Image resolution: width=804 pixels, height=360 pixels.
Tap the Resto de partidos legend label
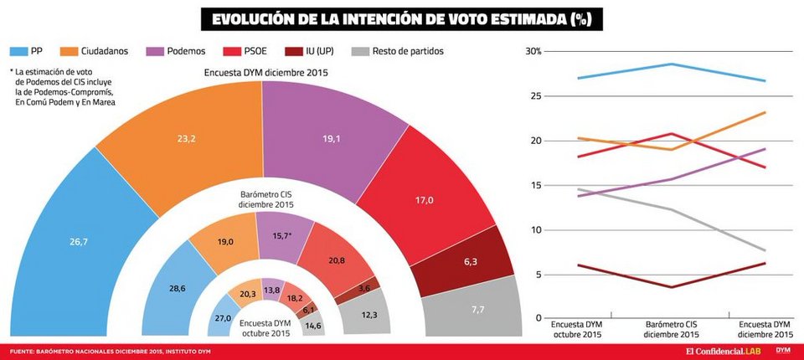coord(410,51)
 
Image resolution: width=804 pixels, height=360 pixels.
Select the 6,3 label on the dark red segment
coord(469,262)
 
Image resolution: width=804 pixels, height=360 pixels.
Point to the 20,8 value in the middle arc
coord(335,260)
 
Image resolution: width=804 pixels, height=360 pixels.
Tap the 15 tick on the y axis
coord(534,185)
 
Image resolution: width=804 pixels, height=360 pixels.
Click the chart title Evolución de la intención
coord(401,18)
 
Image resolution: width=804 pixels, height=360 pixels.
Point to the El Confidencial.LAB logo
coord(725,350)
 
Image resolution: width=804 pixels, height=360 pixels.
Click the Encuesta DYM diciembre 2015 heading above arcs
coord(265,73)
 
